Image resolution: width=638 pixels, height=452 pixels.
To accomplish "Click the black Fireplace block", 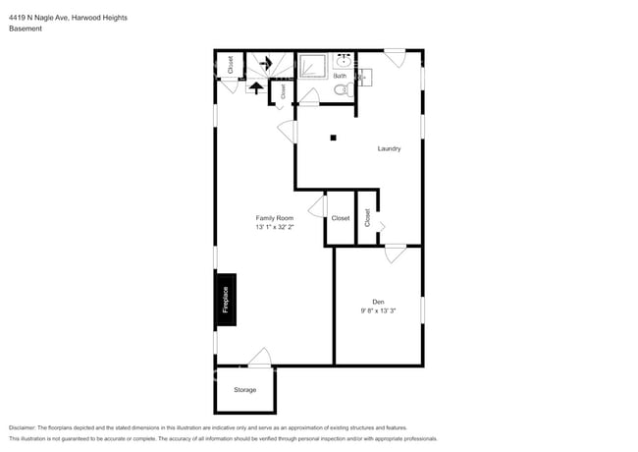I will click(225, 301).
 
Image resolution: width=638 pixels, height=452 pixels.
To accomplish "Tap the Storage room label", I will click(244, 390).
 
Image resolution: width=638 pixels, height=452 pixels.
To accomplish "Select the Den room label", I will click(378, 301).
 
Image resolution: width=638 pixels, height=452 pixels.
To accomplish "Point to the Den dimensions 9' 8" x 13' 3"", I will click(378, 311).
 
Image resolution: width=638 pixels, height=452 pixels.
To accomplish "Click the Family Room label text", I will click(275, 217).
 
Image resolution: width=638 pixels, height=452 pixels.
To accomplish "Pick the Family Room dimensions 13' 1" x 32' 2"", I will click(275, 227).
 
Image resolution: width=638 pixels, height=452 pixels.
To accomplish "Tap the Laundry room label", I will click(390, 148).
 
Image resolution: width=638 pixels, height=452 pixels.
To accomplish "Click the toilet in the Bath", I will click(341, 89).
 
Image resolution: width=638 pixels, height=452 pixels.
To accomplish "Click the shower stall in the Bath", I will click(312, 66).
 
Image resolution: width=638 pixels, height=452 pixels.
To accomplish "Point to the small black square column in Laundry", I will click(334, 138).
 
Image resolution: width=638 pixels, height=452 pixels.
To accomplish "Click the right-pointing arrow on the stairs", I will click(265, 63).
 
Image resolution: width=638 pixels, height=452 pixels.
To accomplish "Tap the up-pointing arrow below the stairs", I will click(255, 87).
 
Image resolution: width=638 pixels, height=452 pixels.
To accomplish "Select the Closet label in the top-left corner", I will click(231, 65).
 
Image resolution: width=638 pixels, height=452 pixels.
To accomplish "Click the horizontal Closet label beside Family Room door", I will click(340, 218).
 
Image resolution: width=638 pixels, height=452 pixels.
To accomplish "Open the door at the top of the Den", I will click(396, 255).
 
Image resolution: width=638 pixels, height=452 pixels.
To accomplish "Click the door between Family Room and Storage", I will click(260, 358).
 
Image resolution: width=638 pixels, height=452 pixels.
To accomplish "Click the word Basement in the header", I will click(25, 28).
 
